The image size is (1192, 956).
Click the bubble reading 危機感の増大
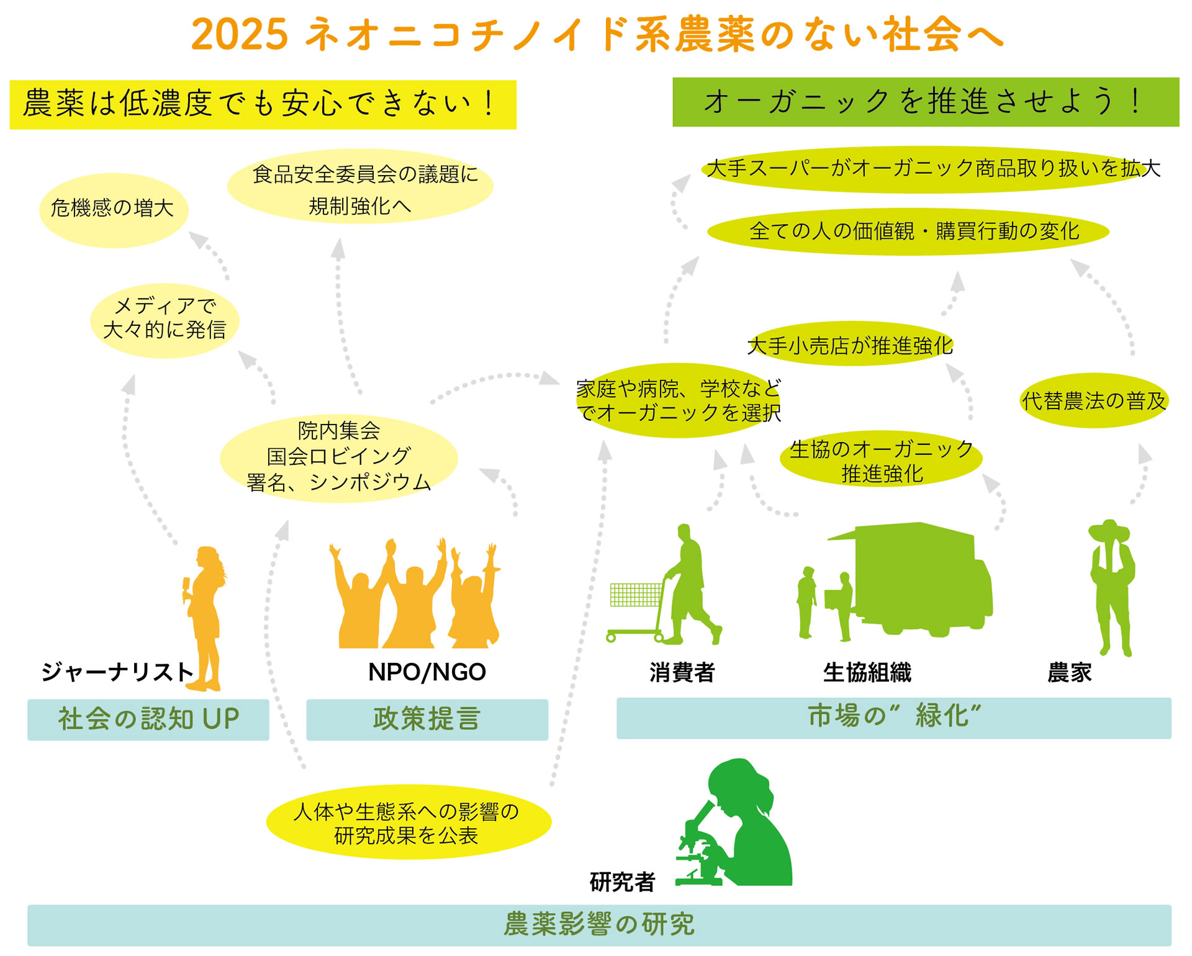click(114, 210)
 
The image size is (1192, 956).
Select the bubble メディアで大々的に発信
click(165, 320)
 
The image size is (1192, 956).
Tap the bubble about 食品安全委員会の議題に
click(360, 186)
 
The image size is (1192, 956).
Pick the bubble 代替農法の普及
click(1094, 400)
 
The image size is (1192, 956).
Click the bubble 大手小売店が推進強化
click(850, 343)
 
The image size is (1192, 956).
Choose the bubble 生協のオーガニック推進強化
click(881, 459)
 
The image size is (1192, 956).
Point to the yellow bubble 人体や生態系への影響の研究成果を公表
click(409, 822)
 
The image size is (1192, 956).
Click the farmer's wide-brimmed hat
click(1109, 531)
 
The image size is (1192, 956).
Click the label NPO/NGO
click(427, 672)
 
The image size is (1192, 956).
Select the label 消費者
click(682, 672)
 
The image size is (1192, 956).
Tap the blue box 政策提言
click(427, 719)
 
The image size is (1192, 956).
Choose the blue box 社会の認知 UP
click(148, 719)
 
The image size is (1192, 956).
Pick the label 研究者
click(622, 882)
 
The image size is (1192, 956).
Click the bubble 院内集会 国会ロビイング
click(339, 458)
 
